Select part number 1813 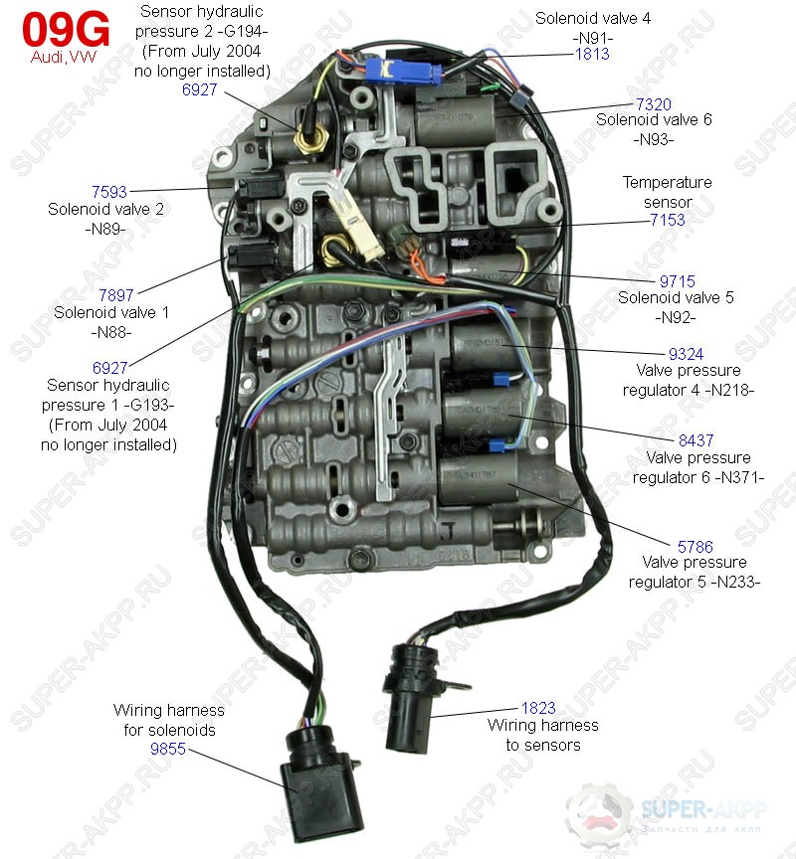coord(592,55)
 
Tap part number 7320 coord(654,103)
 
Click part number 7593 coord(108,192)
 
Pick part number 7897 coord(115,295)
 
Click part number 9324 coord(686,353)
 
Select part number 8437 coord(696,440)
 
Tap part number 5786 coord(695,546)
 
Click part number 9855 coord(168,750)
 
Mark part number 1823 coord(538,709)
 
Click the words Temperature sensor coord(667,192)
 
